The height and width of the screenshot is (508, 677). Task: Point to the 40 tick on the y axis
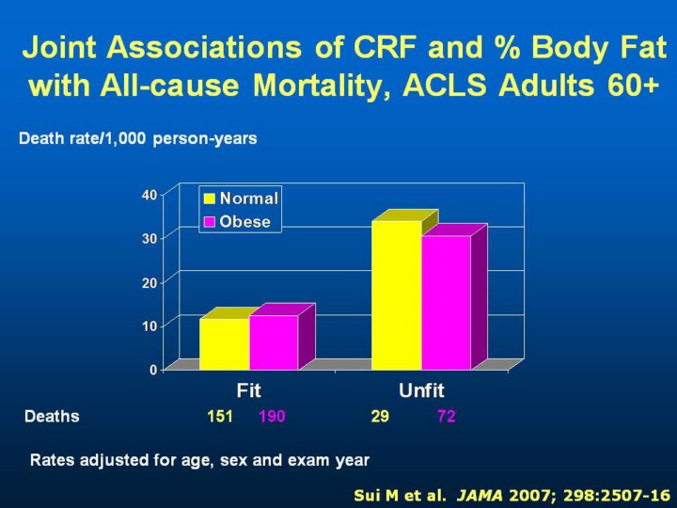click(x=150, y=195)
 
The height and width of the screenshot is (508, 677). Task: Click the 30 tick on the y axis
click(x=150, y=238)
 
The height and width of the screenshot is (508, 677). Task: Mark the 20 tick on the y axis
click(x=150, y=281)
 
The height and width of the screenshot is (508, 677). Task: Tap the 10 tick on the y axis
click(x=150, y=325)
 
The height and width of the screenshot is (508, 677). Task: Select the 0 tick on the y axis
click(x=153, y=369)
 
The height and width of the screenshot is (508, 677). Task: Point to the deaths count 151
click(x=220, y=416)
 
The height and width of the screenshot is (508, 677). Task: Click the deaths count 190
click(x=272, y=416)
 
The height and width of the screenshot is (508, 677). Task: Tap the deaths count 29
click(x=380, y=416)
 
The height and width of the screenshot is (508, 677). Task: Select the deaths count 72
click(x=447, y=416)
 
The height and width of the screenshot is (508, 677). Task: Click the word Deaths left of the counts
click(x=52, y=416)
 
